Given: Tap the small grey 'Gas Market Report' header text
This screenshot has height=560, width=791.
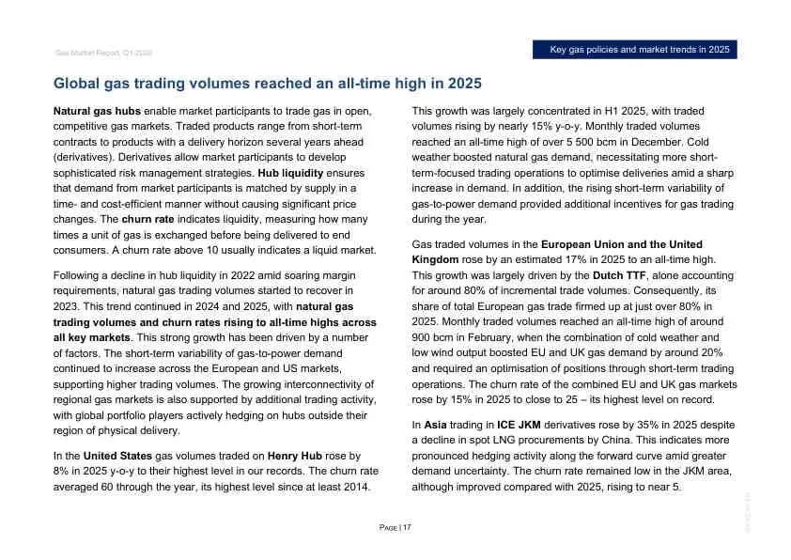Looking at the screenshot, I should (x=103, y=54).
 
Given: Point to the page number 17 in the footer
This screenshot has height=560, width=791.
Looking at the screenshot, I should (x=408, y=527).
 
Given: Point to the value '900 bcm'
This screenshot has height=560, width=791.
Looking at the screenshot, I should (x=434, y=336).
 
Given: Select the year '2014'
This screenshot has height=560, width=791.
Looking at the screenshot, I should (x=356, y=487).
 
